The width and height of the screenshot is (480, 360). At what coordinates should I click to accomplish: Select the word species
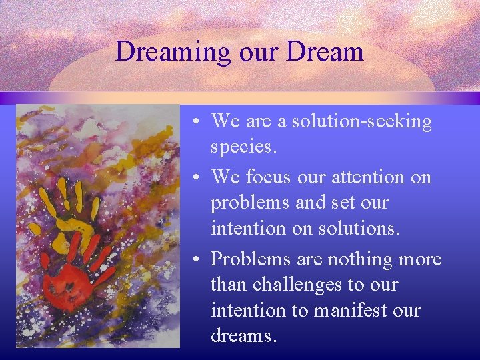(x=242, y=147)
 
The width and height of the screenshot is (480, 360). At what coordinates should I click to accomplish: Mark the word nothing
(x=359, y=258)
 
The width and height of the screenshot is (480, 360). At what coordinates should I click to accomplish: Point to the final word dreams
(x=242, y=336)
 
